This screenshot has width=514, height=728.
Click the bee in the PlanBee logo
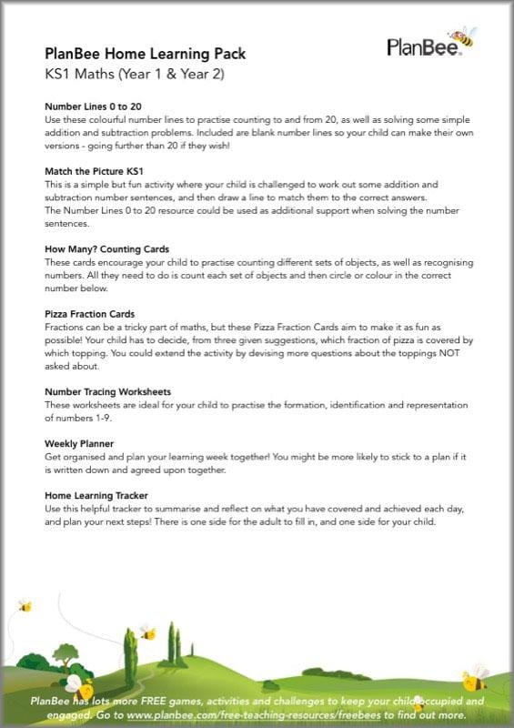coord(464,36)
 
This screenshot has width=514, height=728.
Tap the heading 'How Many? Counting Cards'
coord(107,248)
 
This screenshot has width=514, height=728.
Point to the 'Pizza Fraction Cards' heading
coord(89,314)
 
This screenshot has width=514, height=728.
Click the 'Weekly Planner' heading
coord(80,443)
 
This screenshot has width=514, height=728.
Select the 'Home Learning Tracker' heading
coord(97,495)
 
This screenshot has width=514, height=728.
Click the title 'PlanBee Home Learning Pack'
coord(145,54)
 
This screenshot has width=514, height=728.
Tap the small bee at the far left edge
coord(25,606)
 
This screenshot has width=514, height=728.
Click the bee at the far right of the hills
coord(474,677)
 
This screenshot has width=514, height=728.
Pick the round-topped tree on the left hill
coord(66,654)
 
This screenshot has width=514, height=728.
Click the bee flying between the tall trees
coord(147,631)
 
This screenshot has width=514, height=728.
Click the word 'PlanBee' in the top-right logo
coord(418,47)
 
